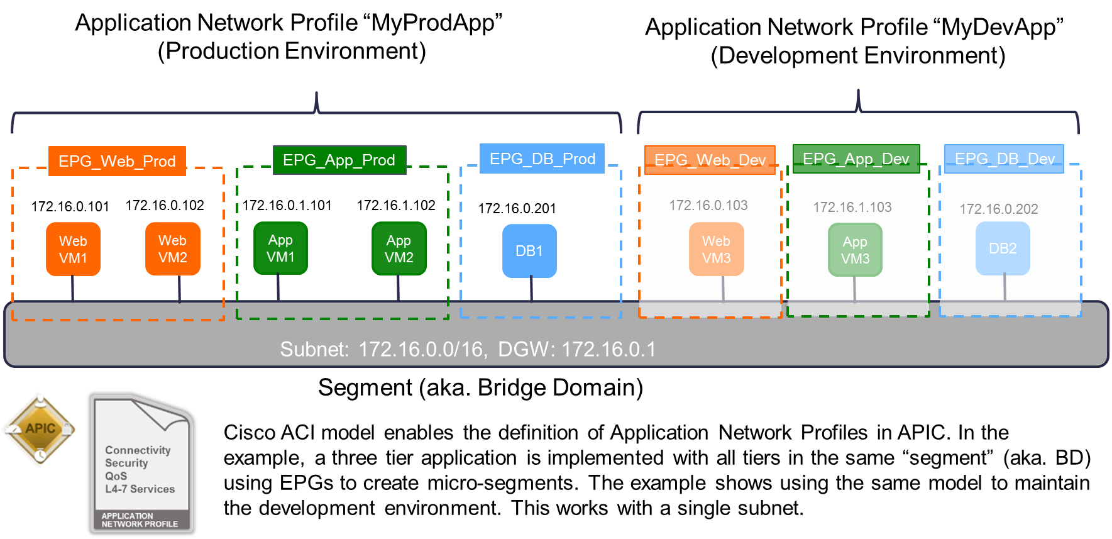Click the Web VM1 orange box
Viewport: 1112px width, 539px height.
pyautogui.click(x=73, y=250)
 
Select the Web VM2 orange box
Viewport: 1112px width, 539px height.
pyautogui.click(x=173, y=249)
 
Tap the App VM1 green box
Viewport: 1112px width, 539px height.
pyautogui.click(x=280, y=248)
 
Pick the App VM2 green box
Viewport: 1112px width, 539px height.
pyautogui.click(x=399, y=249)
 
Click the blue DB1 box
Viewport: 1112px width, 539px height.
pyautogui.click(x=529, y=251)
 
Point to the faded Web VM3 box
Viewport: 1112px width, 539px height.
pyautogui.click(x=716, y=250)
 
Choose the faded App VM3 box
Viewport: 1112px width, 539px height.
pyautogui.click(x=855, y=250)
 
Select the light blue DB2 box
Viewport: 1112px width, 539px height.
pyautogui.click(x=1003, y=249)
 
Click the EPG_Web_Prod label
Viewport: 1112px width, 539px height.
pyautogui.click(x=118, y=161)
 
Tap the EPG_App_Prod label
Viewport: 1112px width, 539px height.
pyautogui.click(x=339, y=160)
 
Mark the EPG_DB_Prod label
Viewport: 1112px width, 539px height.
pyautogui.click(x=542, y=158)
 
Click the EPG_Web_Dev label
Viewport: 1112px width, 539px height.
pyautogui.click(x=710, y=160)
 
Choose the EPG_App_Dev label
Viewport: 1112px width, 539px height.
pyautogui.click(x=856, y=158)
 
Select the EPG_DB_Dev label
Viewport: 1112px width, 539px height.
pyautogui.click(x=1004, y=158)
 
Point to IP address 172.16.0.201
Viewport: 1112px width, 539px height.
pyautogui.click(x=517, y=208)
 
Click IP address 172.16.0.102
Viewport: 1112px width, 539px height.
pyautogui.click(x=165, y=205)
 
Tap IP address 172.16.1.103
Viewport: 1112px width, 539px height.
pyautogui.click(x=852, y=207)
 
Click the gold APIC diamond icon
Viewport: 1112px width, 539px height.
pyautogui.click(x=40, y=429)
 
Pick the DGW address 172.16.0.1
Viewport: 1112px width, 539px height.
pyautogui.click(x=608, y=349)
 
